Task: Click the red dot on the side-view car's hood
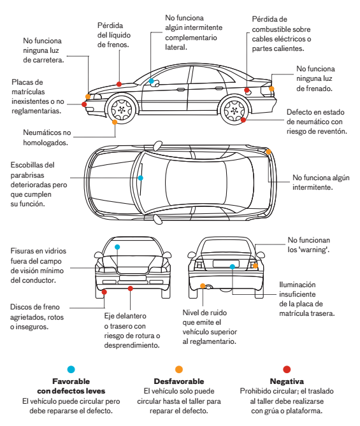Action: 119,84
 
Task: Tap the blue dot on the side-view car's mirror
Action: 152,81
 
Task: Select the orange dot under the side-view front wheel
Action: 115,122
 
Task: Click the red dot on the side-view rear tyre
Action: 243,120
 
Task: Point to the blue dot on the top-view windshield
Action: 140,178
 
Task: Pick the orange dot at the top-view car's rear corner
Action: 268,152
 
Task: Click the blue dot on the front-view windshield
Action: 117,247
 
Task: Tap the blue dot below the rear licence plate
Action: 232,267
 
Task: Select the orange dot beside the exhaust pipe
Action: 203,286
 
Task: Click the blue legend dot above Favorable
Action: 71,369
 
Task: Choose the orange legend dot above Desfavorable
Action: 179,369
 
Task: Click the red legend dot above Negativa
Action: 287,369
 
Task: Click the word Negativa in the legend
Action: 287,381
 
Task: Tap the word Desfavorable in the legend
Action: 179,381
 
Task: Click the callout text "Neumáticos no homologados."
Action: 47,138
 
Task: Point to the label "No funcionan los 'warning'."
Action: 308,245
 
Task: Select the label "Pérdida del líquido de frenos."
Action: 114,35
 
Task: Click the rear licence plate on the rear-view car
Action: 226,263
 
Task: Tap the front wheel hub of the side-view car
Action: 121,110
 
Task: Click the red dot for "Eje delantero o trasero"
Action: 131,288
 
